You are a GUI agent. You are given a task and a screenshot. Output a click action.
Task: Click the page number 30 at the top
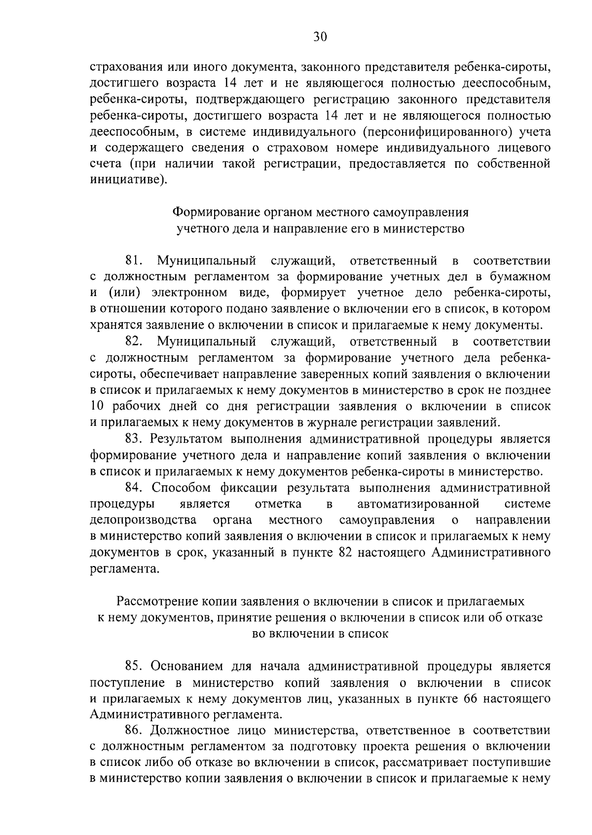[320, 37]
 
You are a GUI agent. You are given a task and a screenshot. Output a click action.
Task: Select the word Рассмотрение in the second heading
[157, 601]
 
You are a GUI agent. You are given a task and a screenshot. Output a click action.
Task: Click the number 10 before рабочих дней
[98, 406]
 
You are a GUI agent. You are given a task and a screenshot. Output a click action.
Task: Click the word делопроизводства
[144, 520]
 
